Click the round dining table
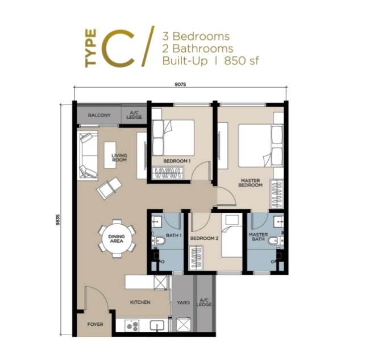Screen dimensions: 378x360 pyautogui.click(x=117, y=239)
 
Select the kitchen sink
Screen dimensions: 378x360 pyautogui.click(x=157, y=325)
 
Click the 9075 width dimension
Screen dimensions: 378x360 pyautogui.click(x=180, y=84)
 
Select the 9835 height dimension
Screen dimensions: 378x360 pyautogui.click(x=57, y=220)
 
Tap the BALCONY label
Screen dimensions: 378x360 pyautogui.click(x=99, y=115)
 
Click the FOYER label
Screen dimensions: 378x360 pyautogui.click(x=95, y=325)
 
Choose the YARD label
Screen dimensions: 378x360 pyautogui.click(x=183, y=303)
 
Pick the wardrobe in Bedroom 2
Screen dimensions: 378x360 pyautogui.click(x=196, y=258)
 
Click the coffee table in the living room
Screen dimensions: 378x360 pyautogui.click(x=110, y=155)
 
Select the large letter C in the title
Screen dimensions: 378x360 pyautogui.click(x=118, y=48)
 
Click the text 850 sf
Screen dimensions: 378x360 pyautogui.click(x=242, y=61)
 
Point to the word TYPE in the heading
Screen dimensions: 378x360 pyautogui.click(x=90, y=48)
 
